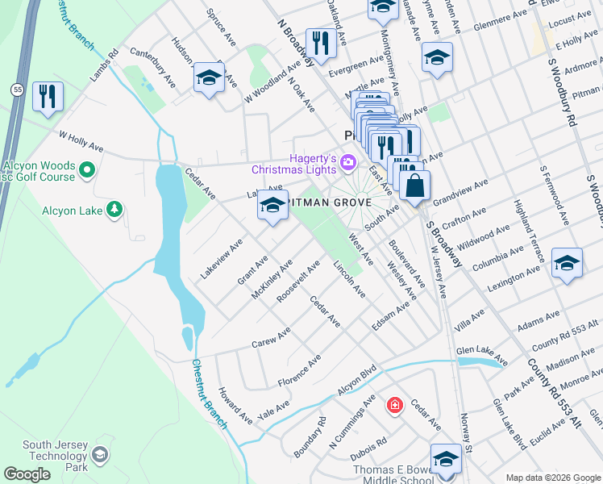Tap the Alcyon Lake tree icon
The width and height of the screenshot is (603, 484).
click(115, 211)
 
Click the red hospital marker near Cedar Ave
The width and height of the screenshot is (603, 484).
click(394, 404)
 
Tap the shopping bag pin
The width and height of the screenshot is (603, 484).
click(414, 186)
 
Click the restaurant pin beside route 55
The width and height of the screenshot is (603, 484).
click(48, 97)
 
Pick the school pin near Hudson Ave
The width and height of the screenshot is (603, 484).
click(209, 78)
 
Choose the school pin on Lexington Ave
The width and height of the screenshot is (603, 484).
click(567, 264)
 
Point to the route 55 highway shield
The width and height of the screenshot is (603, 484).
click(16, 88)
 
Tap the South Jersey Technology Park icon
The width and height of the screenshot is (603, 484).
click(100, 455)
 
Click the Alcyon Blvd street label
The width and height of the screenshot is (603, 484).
click(357, 379)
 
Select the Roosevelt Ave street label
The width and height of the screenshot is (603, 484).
click(298, 279)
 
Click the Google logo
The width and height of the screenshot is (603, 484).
click(27, 474)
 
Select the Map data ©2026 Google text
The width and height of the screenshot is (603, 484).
click(552, 478)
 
